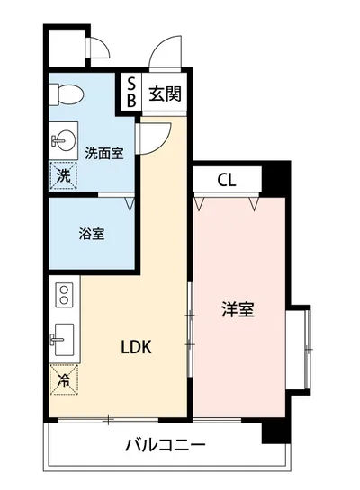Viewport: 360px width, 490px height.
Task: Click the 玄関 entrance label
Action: (164, 93)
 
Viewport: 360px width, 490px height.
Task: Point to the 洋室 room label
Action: (238, 311)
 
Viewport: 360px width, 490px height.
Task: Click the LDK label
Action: (136, 348)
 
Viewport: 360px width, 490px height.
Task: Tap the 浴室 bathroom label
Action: (91, 235)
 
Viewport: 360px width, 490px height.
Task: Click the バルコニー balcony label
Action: (166, 444)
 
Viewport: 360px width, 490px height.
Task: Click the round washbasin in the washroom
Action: (65, 140)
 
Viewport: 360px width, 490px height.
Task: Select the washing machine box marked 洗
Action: (64, 176)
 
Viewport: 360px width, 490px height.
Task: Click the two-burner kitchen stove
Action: (64, 296)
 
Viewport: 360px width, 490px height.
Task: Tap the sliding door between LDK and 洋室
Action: (189, 328)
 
